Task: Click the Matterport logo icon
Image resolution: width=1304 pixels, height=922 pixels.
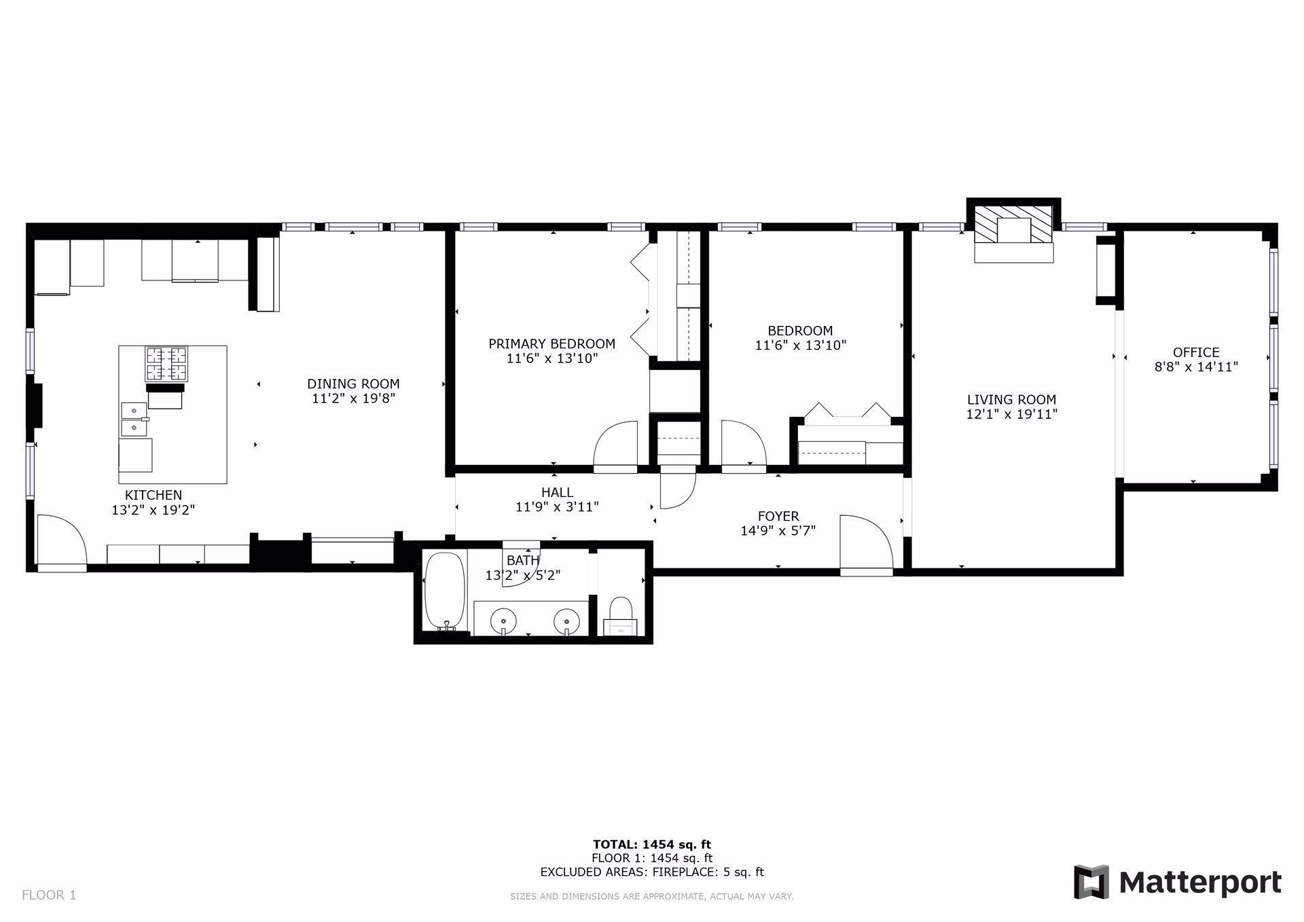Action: pos(1091,882)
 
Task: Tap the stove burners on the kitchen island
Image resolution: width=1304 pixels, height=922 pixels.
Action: pos(166,363)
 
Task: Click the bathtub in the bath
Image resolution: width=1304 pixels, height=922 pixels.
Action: pos(444,591)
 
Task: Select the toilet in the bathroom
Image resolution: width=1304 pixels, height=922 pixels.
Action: pos(620,614)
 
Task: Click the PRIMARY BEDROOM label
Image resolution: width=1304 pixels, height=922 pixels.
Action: pos(551,344)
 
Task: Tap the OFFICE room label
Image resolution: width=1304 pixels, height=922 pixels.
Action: pos(1196,352)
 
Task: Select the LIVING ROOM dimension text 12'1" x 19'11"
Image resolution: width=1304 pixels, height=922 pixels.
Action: pos(1012,414)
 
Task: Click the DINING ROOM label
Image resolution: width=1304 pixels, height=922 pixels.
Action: pos(353,384)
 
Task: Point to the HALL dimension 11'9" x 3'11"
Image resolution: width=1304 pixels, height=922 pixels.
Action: pos(557,506)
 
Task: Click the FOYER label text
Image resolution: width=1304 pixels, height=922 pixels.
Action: pos(778,516)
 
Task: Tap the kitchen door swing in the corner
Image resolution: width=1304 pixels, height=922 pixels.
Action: pos(61,540)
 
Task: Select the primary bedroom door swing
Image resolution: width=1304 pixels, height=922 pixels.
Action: pos(615,445)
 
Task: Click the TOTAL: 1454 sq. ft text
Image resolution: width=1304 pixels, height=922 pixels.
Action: pos(651,845)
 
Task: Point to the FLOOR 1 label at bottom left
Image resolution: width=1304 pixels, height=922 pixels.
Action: pos(49,895)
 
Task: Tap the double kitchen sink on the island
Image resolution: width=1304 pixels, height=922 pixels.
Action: pos(134,419)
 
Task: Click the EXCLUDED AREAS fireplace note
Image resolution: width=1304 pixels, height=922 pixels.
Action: pos(651,872)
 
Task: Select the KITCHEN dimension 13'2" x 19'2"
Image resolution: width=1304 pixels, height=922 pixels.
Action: pos(153,510)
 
